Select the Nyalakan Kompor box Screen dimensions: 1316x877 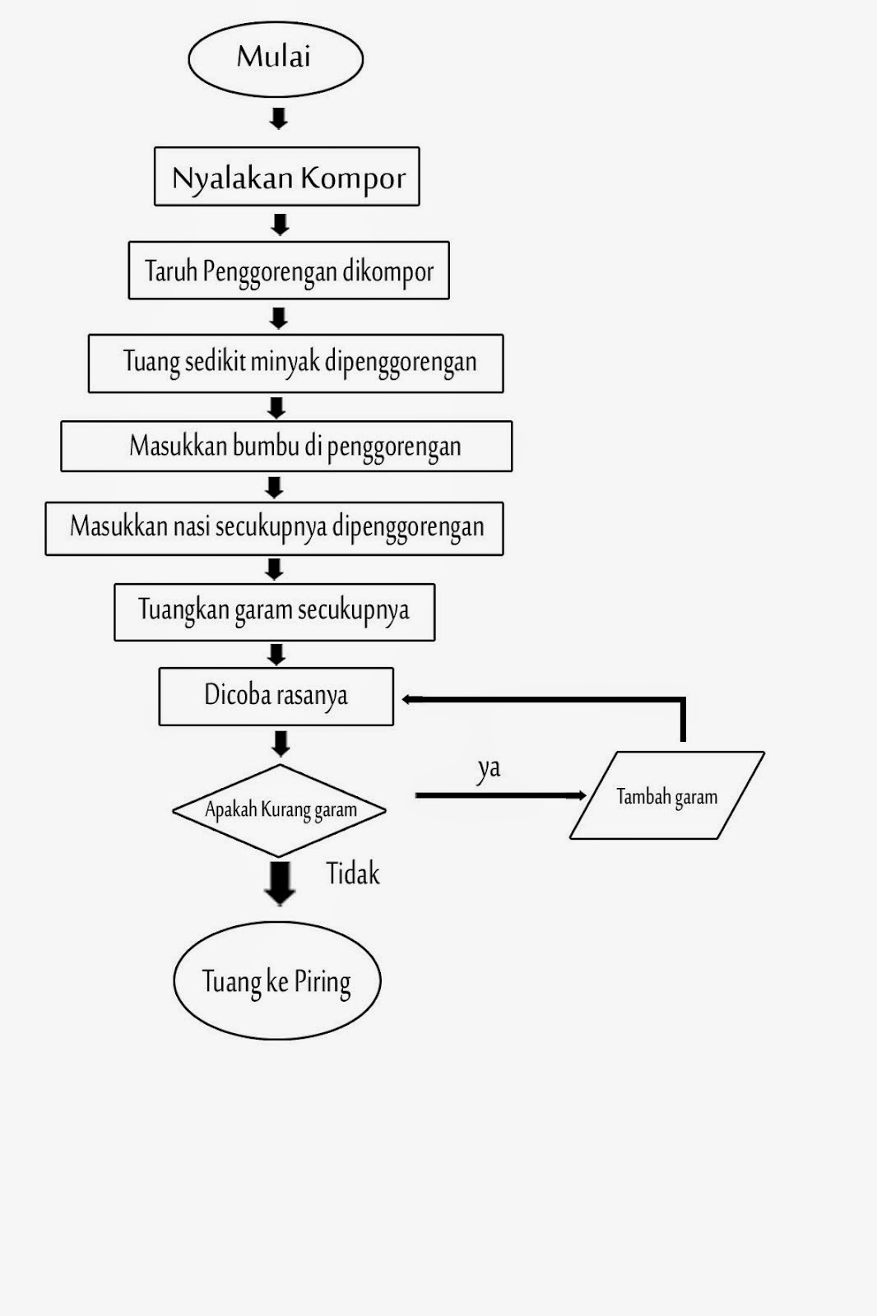click(286, 177)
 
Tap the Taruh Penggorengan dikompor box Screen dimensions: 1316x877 click(288, 271)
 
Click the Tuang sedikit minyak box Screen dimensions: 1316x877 click(295, 363)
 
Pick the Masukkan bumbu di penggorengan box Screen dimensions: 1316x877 click(286, 447)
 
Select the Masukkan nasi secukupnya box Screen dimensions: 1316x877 click(274, 528)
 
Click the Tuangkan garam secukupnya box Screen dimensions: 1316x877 click(274, 612)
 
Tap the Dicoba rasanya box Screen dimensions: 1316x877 click(276, 696)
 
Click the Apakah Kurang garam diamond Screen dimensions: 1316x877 click(279, 810)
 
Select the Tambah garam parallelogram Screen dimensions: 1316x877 click(666, 796)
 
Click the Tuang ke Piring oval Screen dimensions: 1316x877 click(276, 980)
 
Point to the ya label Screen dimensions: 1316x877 click(489, 768)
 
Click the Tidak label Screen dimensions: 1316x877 click(353, 873)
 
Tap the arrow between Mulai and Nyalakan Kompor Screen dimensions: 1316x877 click(278, 118)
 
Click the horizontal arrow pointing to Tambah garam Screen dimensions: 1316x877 click(500, 795)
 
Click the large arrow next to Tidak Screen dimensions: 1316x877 click(280, 882)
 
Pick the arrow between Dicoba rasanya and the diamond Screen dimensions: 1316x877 click(281, 743)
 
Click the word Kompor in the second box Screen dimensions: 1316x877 click(353, 178)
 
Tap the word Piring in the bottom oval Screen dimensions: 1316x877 click(322, 982)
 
